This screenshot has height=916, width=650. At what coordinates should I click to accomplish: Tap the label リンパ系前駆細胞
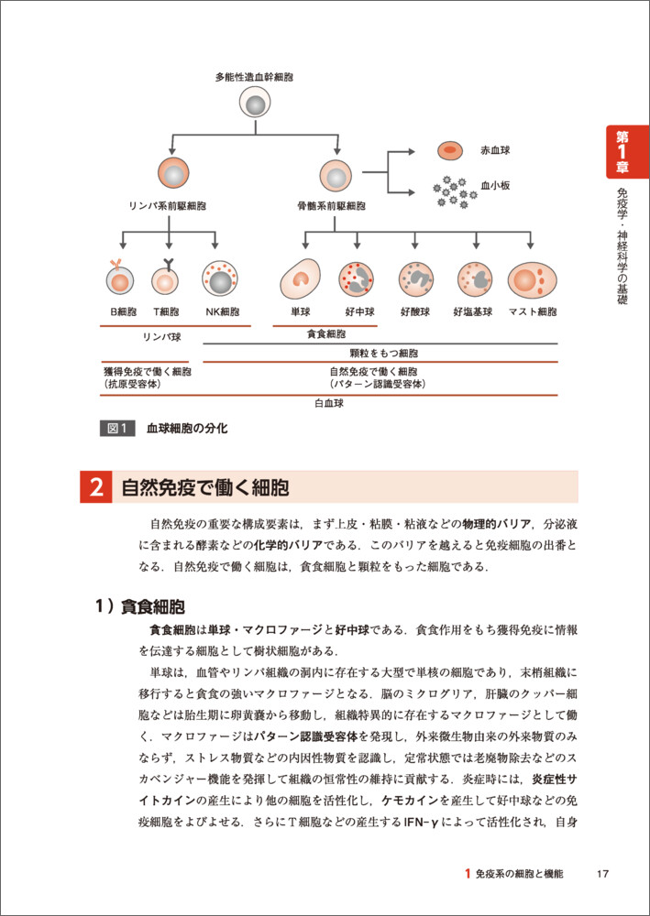pos(168,206)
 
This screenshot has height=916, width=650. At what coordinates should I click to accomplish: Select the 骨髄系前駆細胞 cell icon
pos(337,173)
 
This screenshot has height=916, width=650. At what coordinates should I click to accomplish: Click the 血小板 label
pos(495,185)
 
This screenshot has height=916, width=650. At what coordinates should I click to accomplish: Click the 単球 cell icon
pos(299,278)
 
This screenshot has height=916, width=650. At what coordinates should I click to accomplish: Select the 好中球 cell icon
pos(358,278)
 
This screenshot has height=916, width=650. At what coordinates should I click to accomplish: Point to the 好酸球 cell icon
pos(416,278)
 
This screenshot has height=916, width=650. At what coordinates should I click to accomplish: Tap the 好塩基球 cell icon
pos(476,278)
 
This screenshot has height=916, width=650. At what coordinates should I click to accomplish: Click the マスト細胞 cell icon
pos(533,278)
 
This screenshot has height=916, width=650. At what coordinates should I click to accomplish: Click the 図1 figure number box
pos(117,428)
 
